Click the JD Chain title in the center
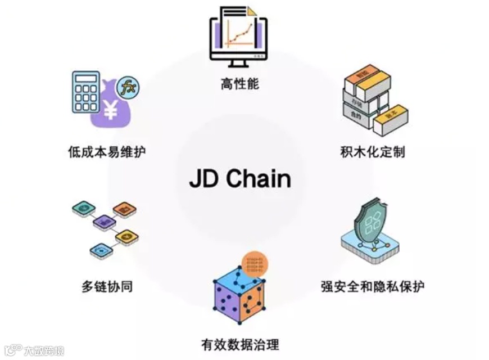pyautogui.click(x=240, y=178)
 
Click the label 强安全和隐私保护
pyautogui.click(x=373, y=286)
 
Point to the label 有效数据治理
pyautogui.click(x=240, y=344)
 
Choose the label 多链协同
pyautogui.click(x=107, y=286)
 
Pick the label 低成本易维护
pyautogui.click(x=107, y=152)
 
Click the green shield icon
pyautogui.click(x=372, y=224)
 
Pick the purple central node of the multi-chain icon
pyautogui.click(x=104, y=222)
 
